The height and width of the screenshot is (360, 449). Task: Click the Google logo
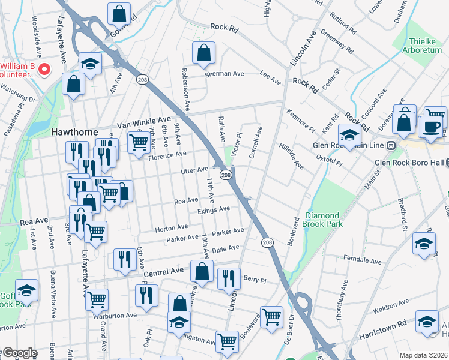coord(19,353)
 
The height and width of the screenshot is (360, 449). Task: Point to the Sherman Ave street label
coord(224,73)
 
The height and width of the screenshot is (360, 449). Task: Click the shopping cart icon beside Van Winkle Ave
coord(139,143)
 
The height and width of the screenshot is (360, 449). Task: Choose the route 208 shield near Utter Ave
coord(226,175)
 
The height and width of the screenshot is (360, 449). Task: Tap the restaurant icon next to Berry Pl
coord(229,278)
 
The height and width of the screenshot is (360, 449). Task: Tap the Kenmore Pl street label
coord(301,121)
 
